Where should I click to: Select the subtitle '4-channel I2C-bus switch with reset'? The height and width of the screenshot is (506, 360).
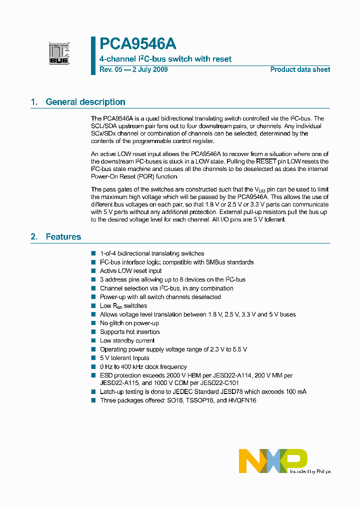165,59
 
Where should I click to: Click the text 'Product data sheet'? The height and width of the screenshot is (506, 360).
300,69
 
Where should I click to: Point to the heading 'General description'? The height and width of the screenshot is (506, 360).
85,102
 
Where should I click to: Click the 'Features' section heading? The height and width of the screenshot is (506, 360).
63,236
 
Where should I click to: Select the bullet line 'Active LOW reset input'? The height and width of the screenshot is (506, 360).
130,271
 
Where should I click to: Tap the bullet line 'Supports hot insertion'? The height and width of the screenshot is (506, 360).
129,332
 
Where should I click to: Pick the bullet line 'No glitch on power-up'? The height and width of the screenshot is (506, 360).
129,323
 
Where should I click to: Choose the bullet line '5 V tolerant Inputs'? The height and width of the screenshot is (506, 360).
124,358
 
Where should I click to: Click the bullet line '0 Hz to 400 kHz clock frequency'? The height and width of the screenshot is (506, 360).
143,366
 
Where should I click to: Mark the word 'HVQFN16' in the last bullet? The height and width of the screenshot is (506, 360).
241,400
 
